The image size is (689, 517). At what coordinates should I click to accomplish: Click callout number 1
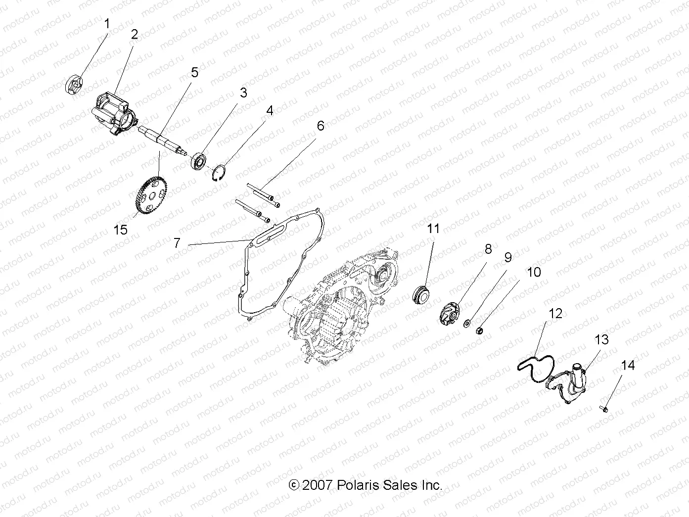tap(107, 23)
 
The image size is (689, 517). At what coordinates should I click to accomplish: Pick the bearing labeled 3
tap(199, 161)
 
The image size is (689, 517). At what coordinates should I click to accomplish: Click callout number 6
tap(321, 126)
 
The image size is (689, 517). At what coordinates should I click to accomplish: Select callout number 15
tap(120, 230)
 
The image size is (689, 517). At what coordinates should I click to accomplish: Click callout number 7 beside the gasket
tap(177, 243)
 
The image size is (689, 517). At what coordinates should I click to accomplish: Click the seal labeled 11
tap(421, 295)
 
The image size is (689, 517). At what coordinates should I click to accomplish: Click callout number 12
tap(555, 313)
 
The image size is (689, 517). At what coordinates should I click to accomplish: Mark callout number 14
tap(627, 365)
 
